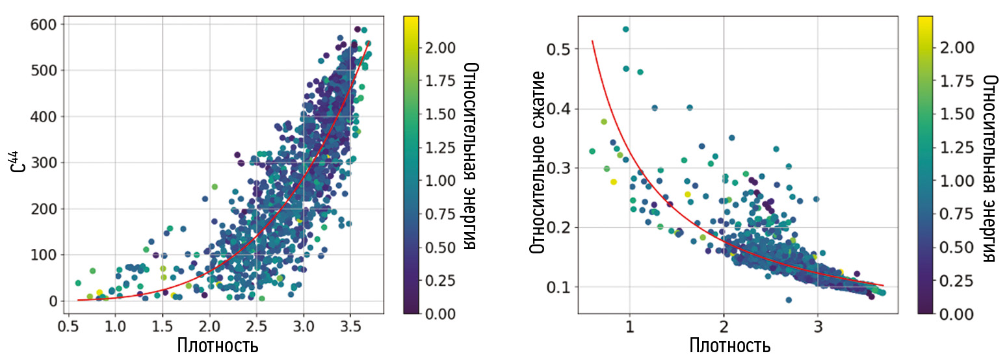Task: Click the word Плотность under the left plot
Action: point(217,345)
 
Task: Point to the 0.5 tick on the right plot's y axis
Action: point(558,49)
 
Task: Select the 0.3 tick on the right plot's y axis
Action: point(558,168)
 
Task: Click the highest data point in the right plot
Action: point(625,29)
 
